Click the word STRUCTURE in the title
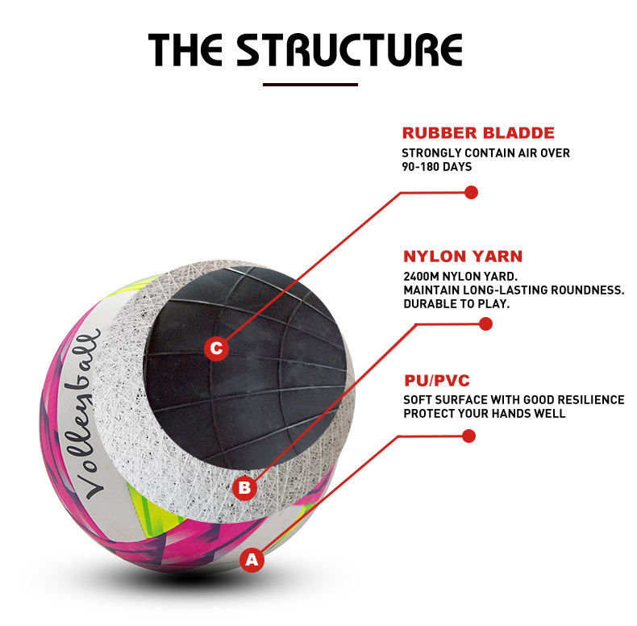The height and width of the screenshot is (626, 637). [350, 49]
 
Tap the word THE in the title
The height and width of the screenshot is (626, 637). [185, 49]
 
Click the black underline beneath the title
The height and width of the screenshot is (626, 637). [310, 85]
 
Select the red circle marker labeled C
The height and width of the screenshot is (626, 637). [216, 348]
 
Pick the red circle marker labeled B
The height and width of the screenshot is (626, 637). [244, 487]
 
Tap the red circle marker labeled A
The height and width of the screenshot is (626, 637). [252, 560]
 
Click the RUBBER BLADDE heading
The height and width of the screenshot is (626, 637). [478, 133]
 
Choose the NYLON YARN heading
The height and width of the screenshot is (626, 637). [463, 257]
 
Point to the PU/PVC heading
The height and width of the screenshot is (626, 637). [437, 381]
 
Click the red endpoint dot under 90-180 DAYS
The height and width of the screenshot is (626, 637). [471, 192]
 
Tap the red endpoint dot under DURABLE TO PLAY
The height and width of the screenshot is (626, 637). [485, 324]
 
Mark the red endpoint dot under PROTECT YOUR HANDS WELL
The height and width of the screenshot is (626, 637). [468, 436]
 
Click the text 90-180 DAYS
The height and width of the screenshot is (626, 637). [437, 167]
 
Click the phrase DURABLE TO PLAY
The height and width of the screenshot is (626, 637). [456, 304]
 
